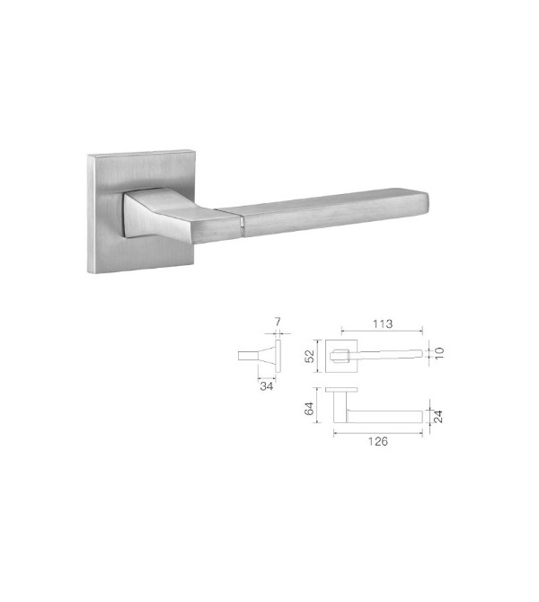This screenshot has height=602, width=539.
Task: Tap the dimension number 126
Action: [378, 443]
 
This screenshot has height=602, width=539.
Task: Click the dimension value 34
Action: [266, 386]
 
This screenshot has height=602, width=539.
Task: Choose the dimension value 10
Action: [440, 352]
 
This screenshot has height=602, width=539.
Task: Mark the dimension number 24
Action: [440, 416]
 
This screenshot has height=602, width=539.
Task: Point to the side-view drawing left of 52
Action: [261, 356]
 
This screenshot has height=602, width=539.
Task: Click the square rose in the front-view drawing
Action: [341, 355]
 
